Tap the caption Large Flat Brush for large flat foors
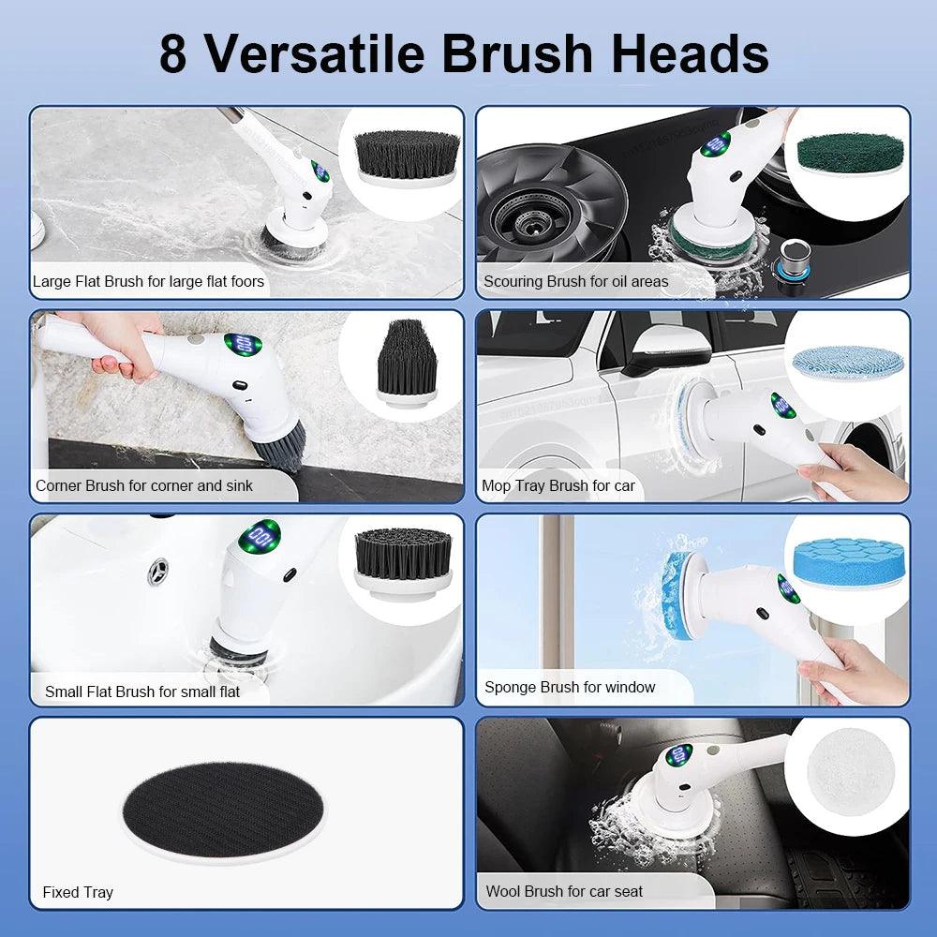(148, 281)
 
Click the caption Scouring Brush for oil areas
(575, 281)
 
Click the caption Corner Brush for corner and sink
(143, 485)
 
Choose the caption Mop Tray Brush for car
(558, 485)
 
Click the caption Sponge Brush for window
(569, 687)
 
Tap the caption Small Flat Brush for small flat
(141, 692)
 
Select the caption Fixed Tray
(78, 892)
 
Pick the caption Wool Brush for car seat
(564, 891)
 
